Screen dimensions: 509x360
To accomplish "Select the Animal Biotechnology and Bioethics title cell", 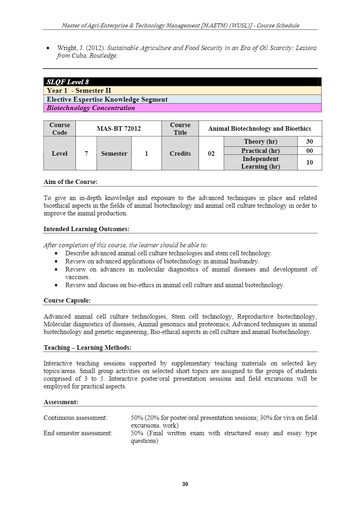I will click(260, 129).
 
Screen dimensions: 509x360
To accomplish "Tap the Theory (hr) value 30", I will click(310, 142).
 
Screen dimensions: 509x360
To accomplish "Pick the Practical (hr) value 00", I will click(310, 151).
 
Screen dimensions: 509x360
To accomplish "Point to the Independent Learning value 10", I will click(310, 163).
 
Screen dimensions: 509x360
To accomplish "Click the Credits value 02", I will click(211, 154).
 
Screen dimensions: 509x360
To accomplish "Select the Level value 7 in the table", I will click(86, 154).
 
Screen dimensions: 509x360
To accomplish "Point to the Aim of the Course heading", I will click(71, 182).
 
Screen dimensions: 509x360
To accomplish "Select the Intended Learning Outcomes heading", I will click(86, 229).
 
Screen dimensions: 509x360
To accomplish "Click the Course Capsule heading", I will click(67, 300).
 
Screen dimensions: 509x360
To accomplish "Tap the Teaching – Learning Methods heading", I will click(87, 348).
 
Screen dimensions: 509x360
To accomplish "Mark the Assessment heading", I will click(61, 402).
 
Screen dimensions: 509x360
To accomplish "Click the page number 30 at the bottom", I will click(185, 484).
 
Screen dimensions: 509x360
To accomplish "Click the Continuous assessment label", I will click(75, 418).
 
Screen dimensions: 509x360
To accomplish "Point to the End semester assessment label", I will click(78, 433).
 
